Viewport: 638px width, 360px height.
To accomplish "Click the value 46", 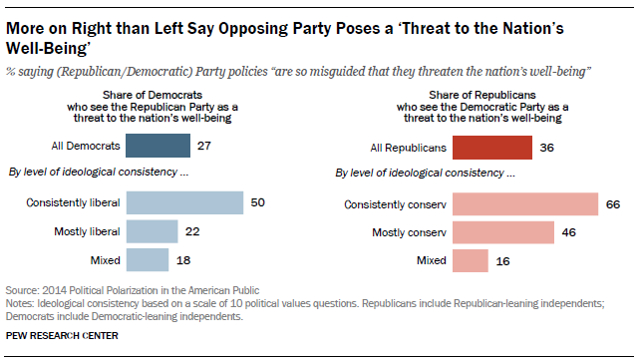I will point(569,232).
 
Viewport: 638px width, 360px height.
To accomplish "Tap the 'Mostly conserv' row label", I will point(410,232).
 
